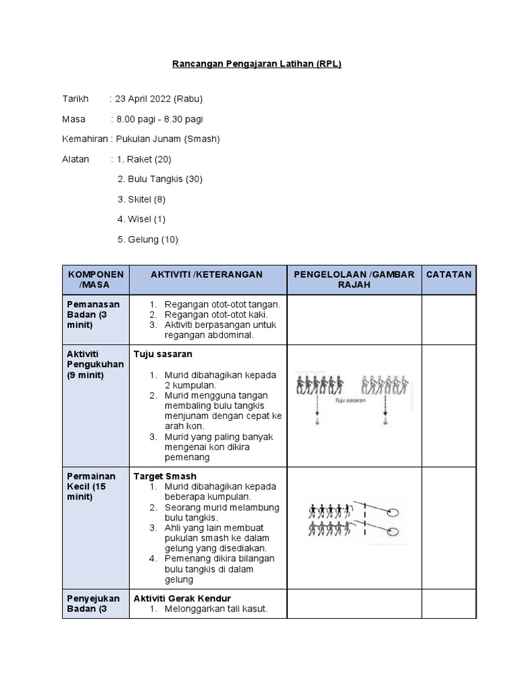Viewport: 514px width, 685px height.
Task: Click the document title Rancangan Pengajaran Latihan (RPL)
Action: point(257,64)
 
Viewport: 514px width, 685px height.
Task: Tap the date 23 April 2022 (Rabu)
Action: point(159,99)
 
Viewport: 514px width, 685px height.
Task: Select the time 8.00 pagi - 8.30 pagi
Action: point(160,119)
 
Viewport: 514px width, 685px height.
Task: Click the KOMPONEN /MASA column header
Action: point(96,280)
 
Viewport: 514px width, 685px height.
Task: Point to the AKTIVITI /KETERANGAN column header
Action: point(207,274)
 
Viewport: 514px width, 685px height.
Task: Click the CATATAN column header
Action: point(448,274)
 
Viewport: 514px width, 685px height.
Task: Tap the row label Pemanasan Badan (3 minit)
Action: point(94,314)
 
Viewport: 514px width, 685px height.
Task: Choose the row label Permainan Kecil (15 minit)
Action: point(92,486)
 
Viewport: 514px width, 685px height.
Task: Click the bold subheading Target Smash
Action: point(165,476)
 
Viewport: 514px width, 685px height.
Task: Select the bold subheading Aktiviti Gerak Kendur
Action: point(182,598)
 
